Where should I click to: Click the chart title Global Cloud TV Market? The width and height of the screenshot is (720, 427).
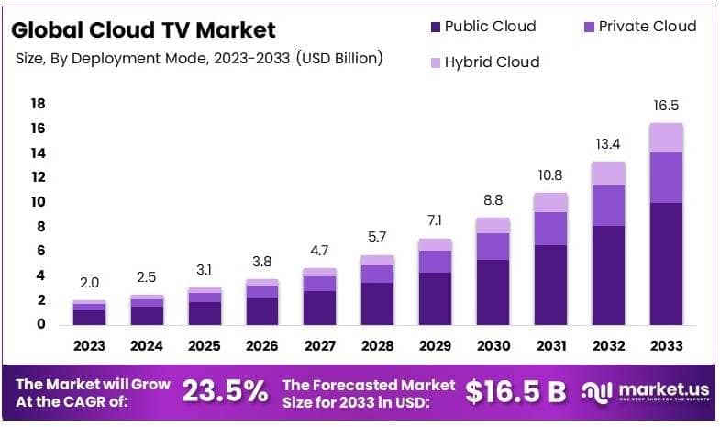(x=143, y=29)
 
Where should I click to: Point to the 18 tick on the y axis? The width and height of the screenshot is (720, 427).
(x=38, y=104)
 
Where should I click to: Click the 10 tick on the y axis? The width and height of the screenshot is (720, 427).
(x=38, y=202)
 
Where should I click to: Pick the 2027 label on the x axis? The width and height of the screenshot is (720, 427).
(x=320, y=346)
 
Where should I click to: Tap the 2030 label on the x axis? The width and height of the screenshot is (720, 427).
(x=493, y=346)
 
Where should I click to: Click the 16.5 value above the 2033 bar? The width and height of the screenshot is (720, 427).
(x=667, y=106)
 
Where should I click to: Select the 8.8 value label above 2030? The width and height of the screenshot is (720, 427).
(x=493, y=200)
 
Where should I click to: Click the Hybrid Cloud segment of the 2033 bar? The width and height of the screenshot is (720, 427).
(x=667, y=138)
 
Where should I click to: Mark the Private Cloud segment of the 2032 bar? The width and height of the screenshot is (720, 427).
(x=608, y=206)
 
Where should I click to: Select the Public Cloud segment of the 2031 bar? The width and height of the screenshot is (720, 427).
(x=550, y=285)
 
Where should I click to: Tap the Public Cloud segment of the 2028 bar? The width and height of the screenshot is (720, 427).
(x=377, y=303)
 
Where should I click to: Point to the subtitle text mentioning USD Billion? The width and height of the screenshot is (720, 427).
(x=199, y=59)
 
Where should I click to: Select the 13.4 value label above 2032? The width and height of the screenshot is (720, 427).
(x=608, y=144)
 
